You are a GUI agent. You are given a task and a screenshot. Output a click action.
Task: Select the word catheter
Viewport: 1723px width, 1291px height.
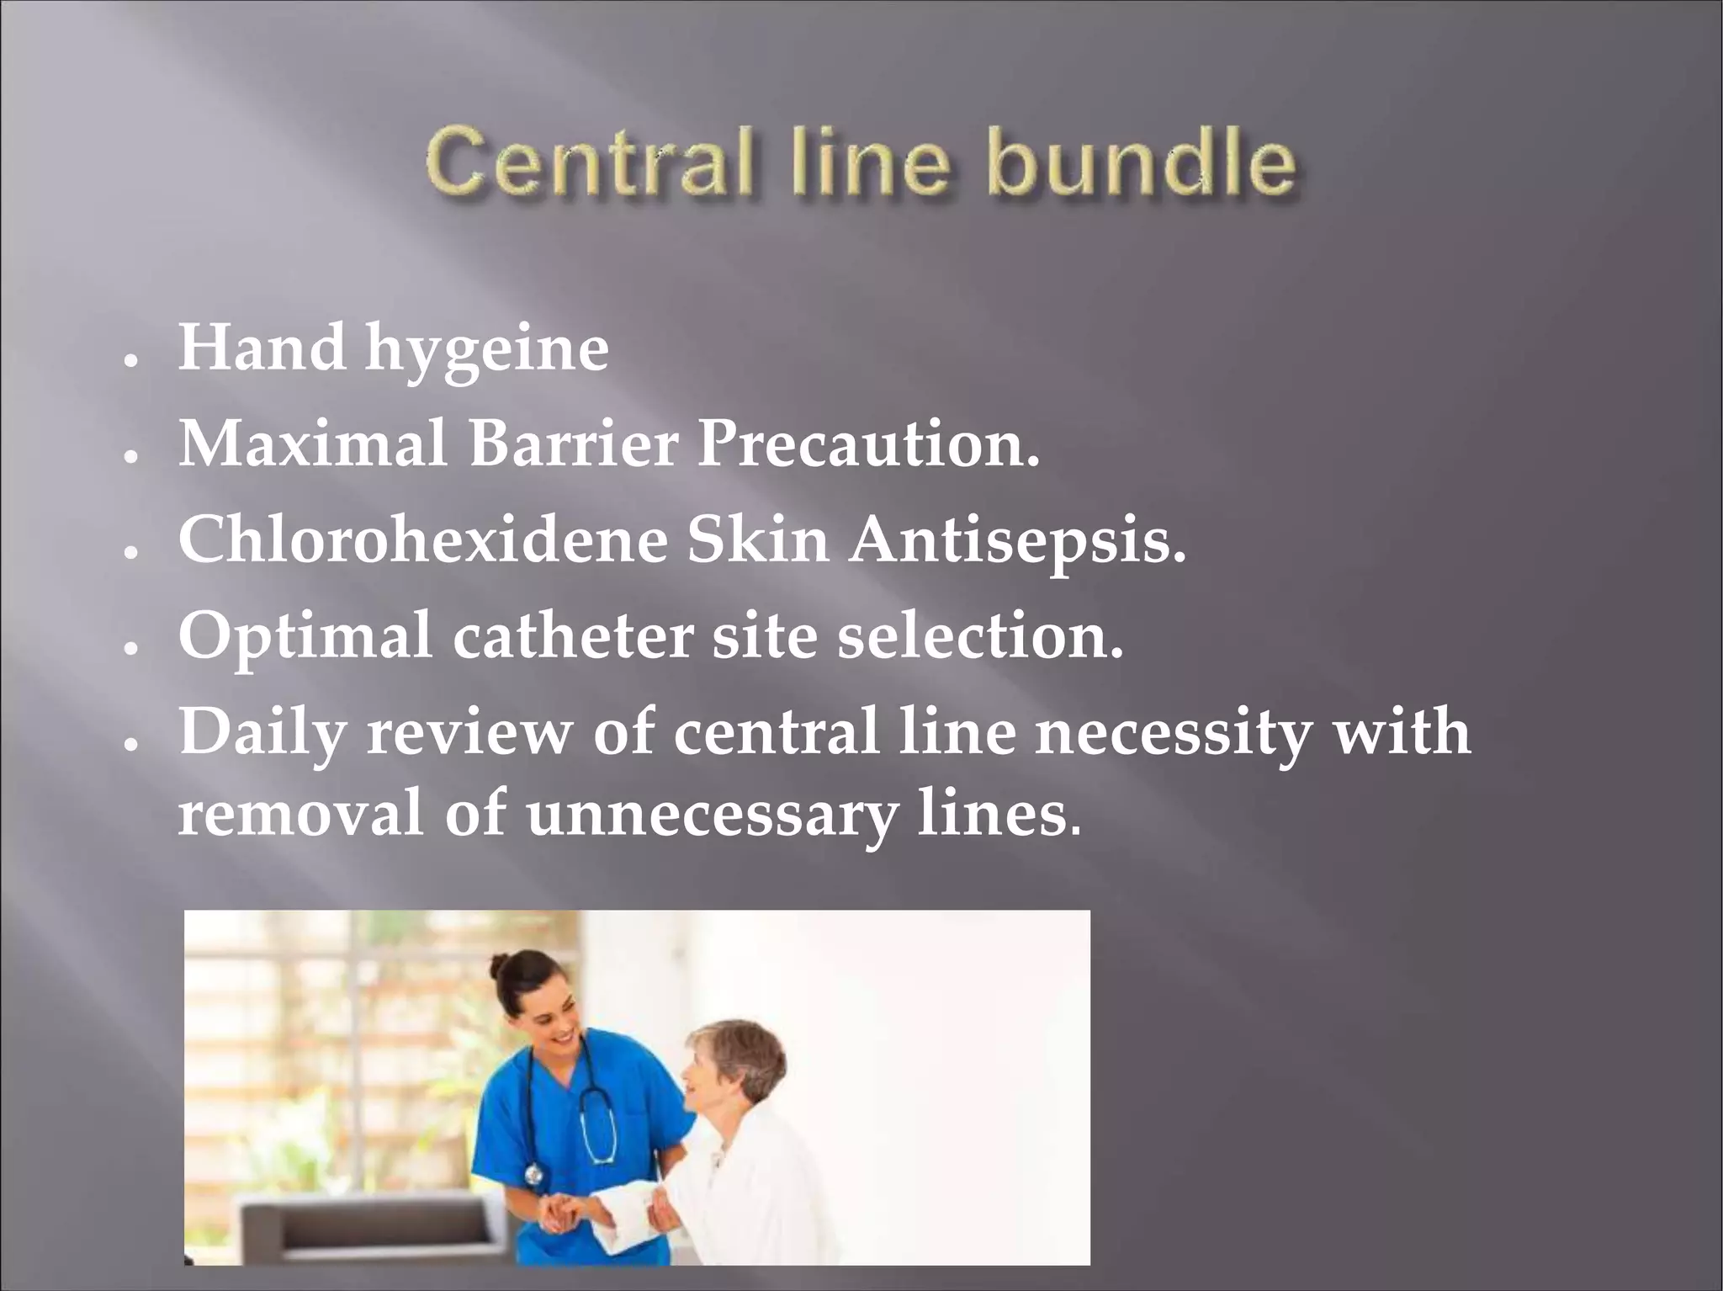click(572, 635)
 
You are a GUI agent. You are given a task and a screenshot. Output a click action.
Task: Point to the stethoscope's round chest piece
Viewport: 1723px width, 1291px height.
click(533, 1175)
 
